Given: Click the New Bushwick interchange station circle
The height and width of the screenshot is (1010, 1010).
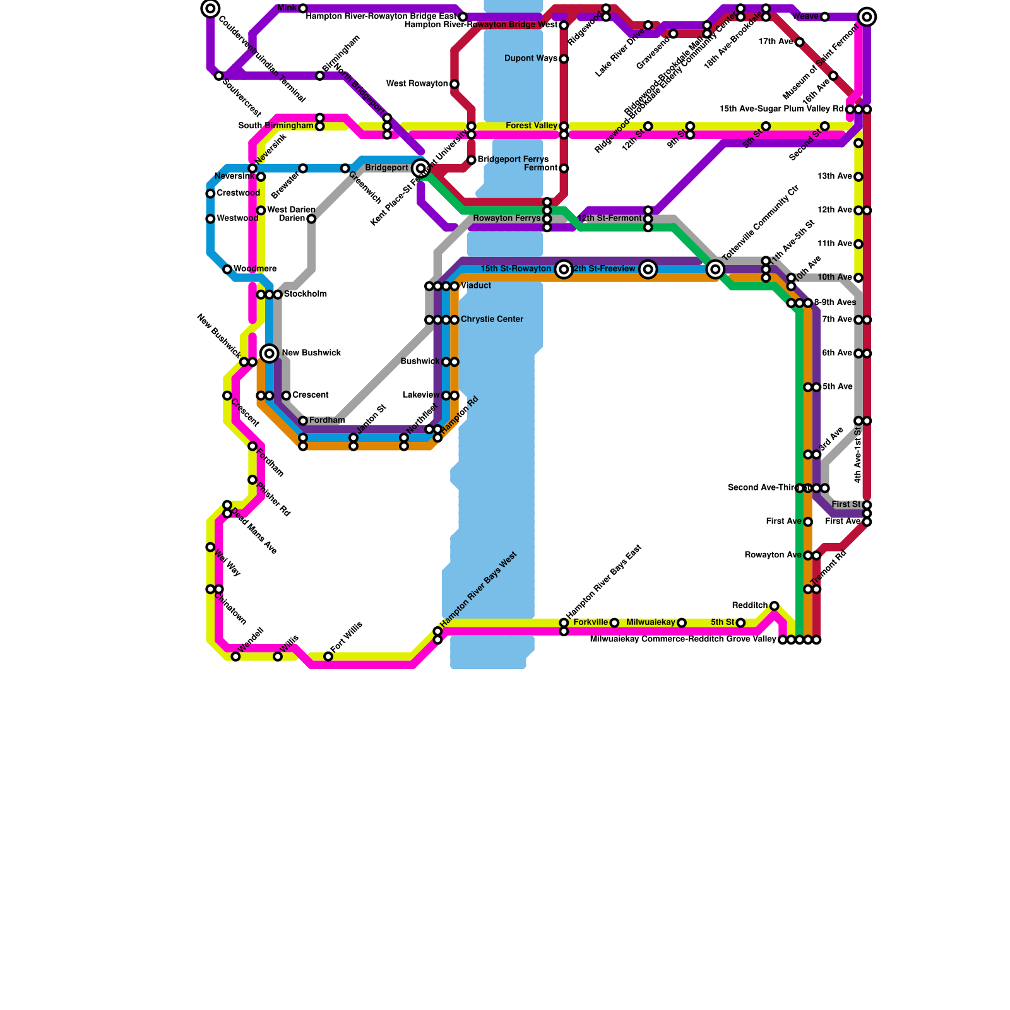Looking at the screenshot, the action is click(x=270, y=353).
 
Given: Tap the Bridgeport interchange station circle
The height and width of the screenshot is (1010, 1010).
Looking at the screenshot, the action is click(x=421, y=168).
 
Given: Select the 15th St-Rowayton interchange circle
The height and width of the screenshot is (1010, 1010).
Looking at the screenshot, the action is click(x=564, y=270).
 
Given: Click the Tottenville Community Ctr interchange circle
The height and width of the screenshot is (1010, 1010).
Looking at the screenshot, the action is click(x=715, y=270).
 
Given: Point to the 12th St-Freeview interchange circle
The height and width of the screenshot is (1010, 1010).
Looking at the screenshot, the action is click(x=648, y=270).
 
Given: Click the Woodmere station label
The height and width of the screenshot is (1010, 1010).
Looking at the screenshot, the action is click(x=255, y=269).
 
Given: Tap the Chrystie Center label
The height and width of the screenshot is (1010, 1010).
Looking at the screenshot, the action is click(x=492, y=319).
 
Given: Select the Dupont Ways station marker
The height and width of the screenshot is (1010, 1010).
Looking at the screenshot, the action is click(x=564, y=59).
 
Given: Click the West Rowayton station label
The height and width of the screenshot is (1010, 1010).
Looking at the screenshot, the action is click(x=417, y=84).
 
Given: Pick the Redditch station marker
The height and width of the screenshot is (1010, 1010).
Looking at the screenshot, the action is click(x=775, y=606).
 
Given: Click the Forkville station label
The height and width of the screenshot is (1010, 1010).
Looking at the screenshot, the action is click(x=590, y=622).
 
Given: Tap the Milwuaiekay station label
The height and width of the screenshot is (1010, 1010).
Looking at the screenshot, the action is click(x=651, y=622).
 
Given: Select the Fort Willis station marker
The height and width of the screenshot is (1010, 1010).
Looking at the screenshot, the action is click(x=328, y=656).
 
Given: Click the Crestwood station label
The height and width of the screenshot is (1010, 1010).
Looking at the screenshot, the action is click(x=238, y=193).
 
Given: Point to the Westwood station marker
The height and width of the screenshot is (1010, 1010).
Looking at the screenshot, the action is click(x=210, y=219).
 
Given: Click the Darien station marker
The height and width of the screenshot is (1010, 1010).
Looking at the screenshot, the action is click(x=311, y=219).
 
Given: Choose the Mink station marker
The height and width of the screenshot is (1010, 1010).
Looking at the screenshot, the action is click(x=303, y=8).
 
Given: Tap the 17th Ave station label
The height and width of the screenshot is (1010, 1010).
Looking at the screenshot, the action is click(x=776, y=42).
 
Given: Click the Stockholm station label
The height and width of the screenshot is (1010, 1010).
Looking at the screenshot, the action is click(x=306, y=294).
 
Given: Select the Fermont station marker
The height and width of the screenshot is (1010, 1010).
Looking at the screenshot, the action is click(x=564, y=169).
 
